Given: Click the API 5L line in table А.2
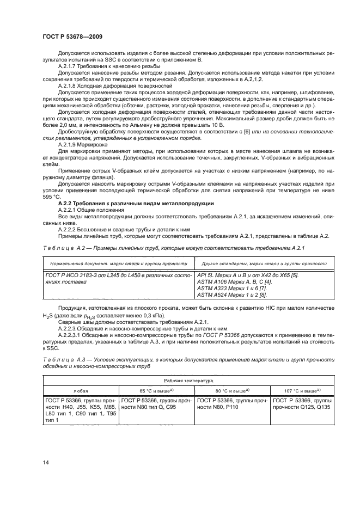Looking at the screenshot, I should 247,275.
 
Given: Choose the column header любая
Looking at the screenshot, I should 80,390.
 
